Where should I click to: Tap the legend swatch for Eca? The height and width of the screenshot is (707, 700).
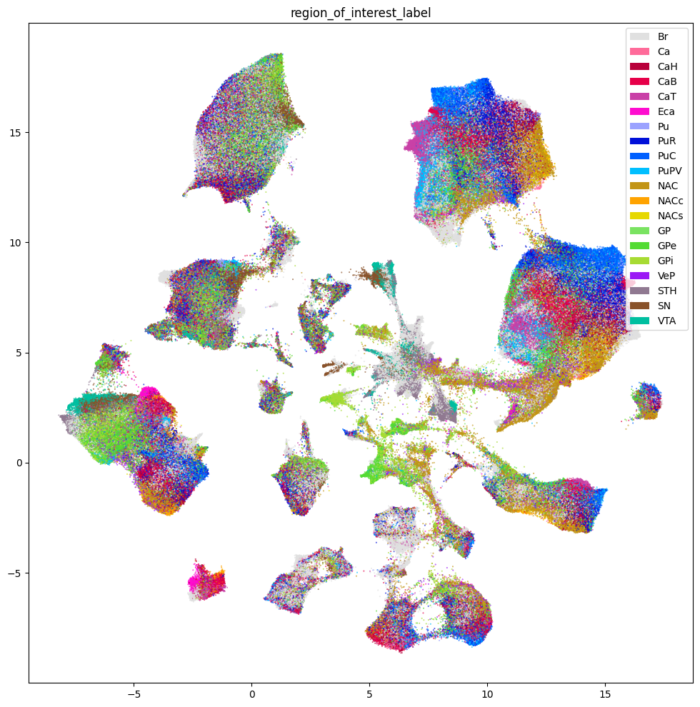639,111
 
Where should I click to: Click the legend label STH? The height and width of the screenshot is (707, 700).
667,291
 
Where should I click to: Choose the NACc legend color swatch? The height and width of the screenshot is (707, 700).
639,201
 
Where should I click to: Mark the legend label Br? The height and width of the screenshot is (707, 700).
664,36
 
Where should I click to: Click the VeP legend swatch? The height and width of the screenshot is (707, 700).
639,276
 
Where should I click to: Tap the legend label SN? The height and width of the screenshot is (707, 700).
665,306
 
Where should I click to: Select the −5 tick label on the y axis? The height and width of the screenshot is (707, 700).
15,573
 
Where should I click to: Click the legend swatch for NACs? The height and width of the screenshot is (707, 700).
639,216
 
